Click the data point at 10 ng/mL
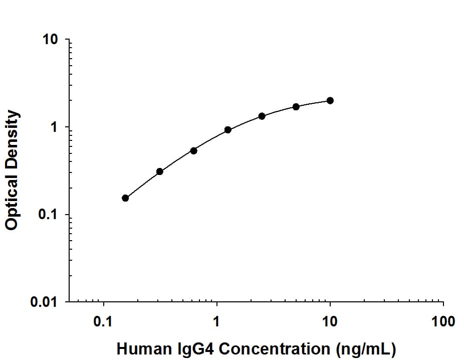[x=330, y=101]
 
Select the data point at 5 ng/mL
[x=296, y=107]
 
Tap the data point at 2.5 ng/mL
[x=262, y=116]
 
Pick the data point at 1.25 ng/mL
[x=228, y=130]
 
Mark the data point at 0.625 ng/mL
[x=194, y=150]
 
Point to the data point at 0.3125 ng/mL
[x=160, y=171]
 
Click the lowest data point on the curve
[x=125, y=198]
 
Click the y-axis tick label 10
[x=51, y=40]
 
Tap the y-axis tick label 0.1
[x=49, y=215]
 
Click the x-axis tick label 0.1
[x=104, y=321]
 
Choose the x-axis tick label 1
[x=217, y=321]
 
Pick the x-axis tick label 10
[x=330, y=321]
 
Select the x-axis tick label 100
[x=443, y=321]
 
